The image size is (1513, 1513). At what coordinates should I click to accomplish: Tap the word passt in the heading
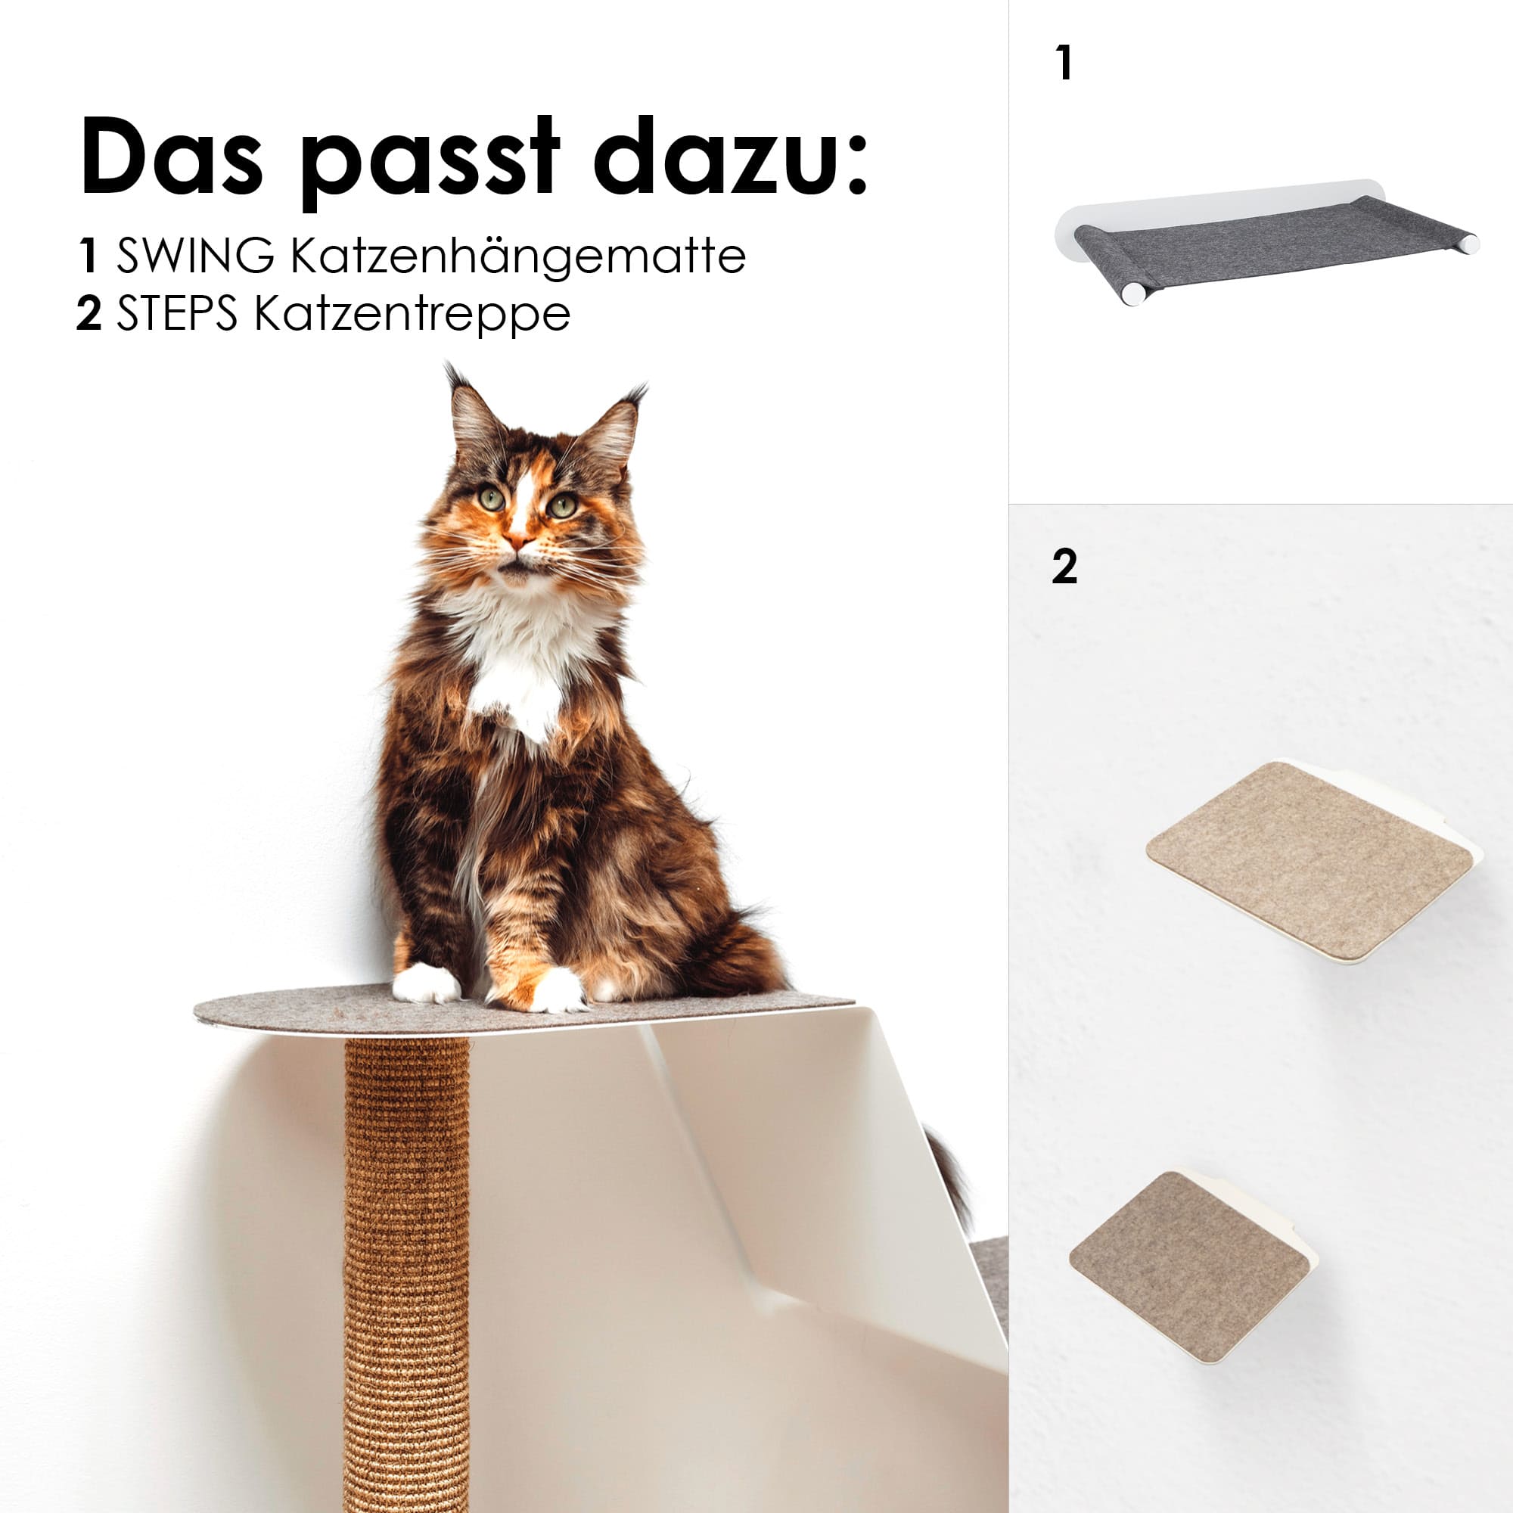[x=430, y=160]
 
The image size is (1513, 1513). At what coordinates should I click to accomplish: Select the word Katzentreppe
[x=413, y=315]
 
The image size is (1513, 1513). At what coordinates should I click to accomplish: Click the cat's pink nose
[x=516, y=539]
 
